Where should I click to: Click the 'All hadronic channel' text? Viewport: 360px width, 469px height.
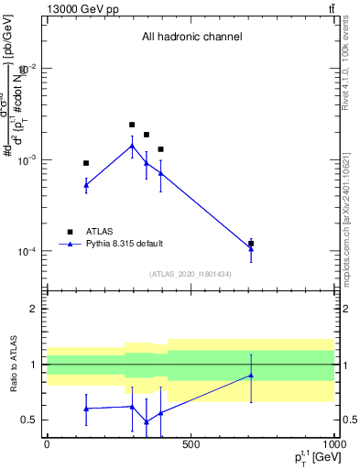(x=191, y=38)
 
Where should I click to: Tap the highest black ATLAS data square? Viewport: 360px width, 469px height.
(x=132, y=125)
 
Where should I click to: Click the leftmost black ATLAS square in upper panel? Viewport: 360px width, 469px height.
(x=86, y=163)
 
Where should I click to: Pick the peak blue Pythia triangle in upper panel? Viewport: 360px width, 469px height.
(x=132, y=146)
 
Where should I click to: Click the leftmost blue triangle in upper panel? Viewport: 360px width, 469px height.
(x=86, y=184)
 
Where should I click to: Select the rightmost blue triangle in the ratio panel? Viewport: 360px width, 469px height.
(x=251, y=375)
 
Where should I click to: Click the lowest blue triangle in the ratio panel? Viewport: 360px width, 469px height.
(x=147, y=422)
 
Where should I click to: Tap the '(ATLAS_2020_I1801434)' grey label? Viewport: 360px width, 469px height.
(x=191, y=274)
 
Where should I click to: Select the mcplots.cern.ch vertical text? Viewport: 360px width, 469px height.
(x=352, y=211)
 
